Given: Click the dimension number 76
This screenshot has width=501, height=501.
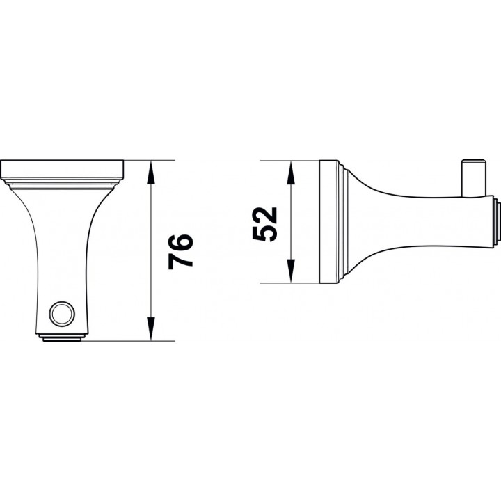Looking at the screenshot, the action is point(181,252).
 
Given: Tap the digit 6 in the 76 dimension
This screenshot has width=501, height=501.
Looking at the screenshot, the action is point(181,243).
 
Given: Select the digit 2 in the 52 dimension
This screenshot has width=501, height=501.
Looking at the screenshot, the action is point(264,215).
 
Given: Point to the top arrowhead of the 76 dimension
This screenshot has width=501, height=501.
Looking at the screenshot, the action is point(151,173).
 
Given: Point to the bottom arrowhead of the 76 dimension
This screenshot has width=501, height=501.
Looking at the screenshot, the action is point(151,328).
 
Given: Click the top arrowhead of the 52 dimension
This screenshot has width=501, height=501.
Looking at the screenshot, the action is point(290,173).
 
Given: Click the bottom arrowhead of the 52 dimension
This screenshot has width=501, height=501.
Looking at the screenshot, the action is point(290,271).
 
